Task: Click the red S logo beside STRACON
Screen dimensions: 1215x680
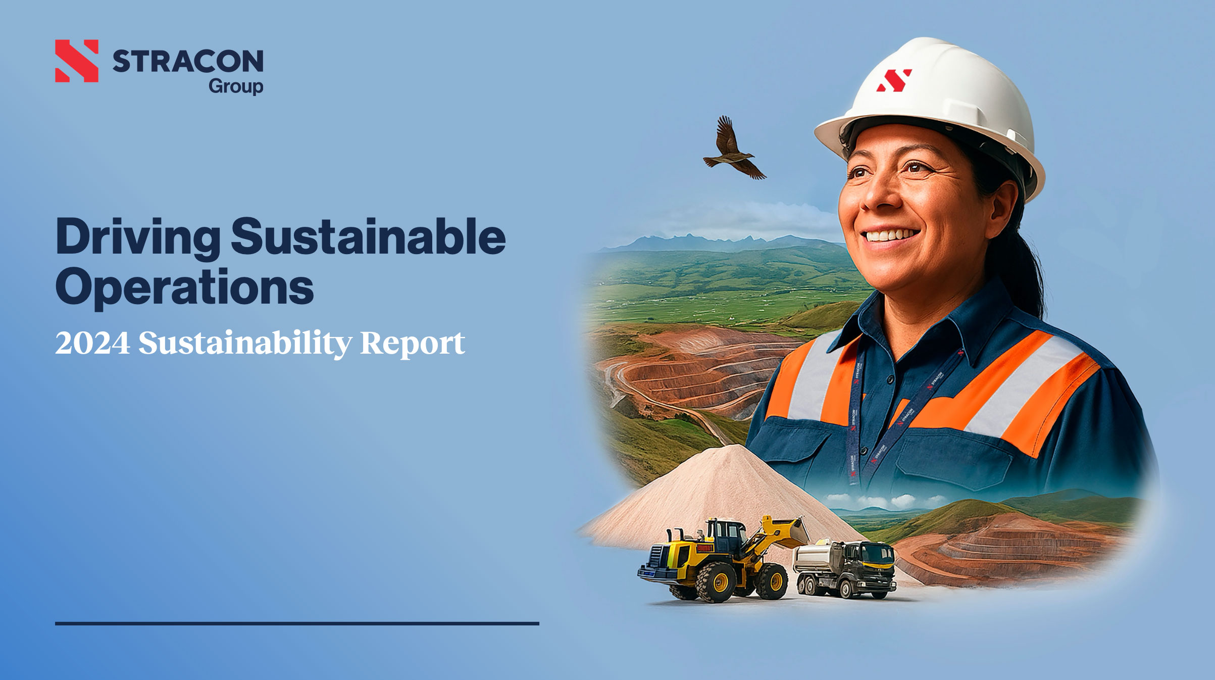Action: [77, 61]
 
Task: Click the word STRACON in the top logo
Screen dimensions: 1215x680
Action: [188, 61]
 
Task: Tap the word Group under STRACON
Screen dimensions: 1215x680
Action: [236, 86]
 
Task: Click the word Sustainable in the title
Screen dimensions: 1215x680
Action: [369, 236]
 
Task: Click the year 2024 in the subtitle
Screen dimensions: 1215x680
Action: [92, 343]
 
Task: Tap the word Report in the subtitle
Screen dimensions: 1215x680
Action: [413, 344]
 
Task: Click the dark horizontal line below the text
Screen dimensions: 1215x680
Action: [297, 623]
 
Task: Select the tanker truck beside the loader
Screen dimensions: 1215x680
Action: [844, 568]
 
